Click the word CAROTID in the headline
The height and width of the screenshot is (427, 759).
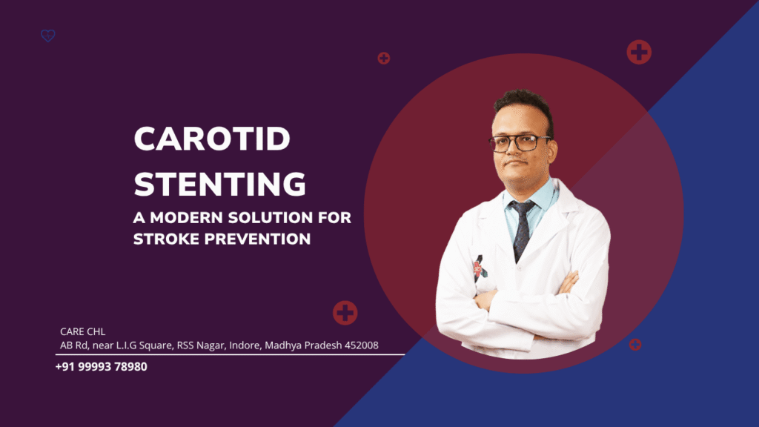point(211,139)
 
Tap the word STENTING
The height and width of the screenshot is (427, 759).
point(219,184)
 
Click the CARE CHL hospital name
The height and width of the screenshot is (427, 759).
point(82,331)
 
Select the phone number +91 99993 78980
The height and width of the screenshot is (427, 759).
point(101,366)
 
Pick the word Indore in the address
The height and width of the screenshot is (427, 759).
point(231,345)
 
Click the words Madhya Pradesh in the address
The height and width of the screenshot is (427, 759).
point(293,345)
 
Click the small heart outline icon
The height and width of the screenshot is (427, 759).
point(48,36)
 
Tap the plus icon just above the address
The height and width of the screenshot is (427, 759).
point(345,312)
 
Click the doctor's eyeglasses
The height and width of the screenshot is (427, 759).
point(520,142)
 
